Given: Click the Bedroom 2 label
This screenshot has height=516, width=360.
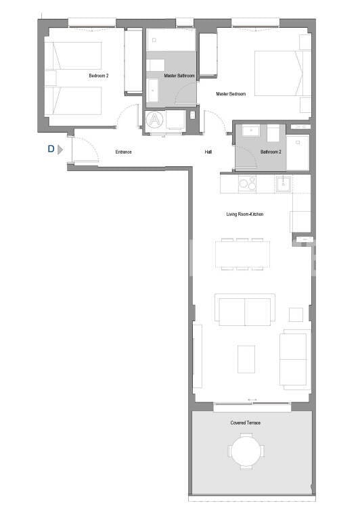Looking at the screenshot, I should pyautogui.click(x=98, y=76).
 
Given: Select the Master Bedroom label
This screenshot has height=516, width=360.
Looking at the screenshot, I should pyautogui.click(x=231, y=94).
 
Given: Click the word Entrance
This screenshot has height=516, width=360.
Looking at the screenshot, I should pyautogui.click(x=123, y=152).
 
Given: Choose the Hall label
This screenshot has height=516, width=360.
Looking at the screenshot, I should pyautogui.click(x=208, y=152).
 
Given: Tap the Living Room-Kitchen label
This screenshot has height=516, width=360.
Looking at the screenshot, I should pyautogui.click(x=245, y=214).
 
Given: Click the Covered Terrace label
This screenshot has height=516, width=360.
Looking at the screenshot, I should pyautogui.click(x=245, y=423).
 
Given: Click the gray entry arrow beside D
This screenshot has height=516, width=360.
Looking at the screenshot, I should pyautogui.click(x=60, y=149).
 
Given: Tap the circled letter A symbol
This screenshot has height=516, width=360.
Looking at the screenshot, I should pyautogui.click(x=156, y=120).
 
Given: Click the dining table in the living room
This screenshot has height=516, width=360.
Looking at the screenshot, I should pyautogui.click(x=242, y=254).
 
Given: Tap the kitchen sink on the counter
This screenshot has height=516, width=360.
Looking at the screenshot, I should pyautogui.click(x=284, y=183).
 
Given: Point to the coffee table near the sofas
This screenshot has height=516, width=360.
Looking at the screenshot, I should pyautogui.click(x=246, y=359).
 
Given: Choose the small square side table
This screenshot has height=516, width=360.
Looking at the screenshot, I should pyautogui.click(x=296, y=314).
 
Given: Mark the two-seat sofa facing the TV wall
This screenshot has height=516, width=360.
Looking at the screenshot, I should pyautogui.click(x=244, y=310).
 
